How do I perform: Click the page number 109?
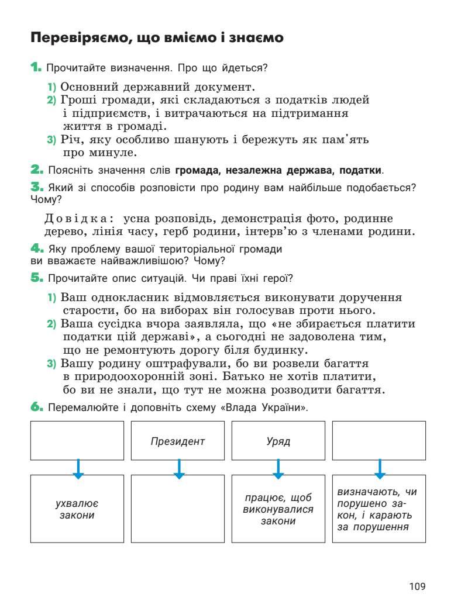418,586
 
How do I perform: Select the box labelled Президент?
178,441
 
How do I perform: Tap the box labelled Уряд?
278,441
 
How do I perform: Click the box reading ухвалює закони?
77,509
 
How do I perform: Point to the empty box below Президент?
178,509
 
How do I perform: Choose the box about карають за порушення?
379,509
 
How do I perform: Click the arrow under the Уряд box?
278,468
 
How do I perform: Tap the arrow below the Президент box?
179,468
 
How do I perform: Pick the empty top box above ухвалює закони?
77,441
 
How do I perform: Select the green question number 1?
36,67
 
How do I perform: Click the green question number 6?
37,407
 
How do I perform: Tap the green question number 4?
37,248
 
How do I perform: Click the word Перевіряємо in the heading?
81,39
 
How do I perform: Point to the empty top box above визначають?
379,441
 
